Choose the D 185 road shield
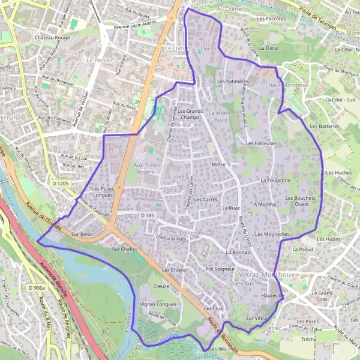tap(148, 215)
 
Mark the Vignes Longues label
tap(158, 304)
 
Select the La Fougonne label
tap(275, 180)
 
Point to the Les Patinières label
tap(233, 81)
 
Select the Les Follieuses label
tap(261, 144)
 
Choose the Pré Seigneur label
tap(220, 269)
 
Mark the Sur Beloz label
tap(82, 234)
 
